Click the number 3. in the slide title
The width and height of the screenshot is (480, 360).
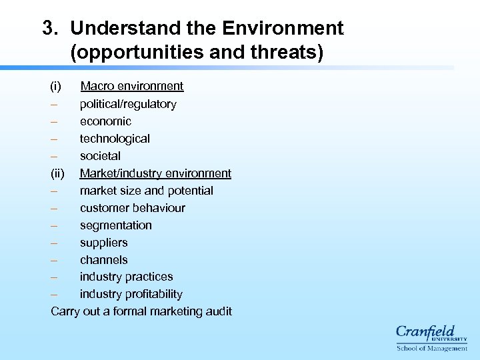pos(51,28)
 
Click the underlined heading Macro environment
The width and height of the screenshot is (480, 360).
pos(131,86)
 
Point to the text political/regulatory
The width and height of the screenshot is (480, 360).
pos(128,104)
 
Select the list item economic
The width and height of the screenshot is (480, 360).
pos(105,121)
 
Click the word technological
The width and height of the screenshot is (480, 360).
pos(115,139)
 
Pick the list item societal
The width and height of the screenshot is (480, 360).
pos(100,156)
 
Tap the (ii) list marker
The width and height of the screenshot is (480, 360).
pos(58,173)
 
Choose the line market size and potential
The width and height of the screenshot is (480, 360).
pos(146,191)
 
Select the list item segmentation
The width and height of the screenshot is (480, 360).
pos(115,225)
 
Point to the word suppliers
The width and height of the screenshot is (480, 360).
pos(103,243)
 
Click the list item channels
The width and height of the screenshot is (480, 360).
pos(103,260)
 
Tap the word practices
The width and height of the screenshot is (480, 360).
pos(150,277)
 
